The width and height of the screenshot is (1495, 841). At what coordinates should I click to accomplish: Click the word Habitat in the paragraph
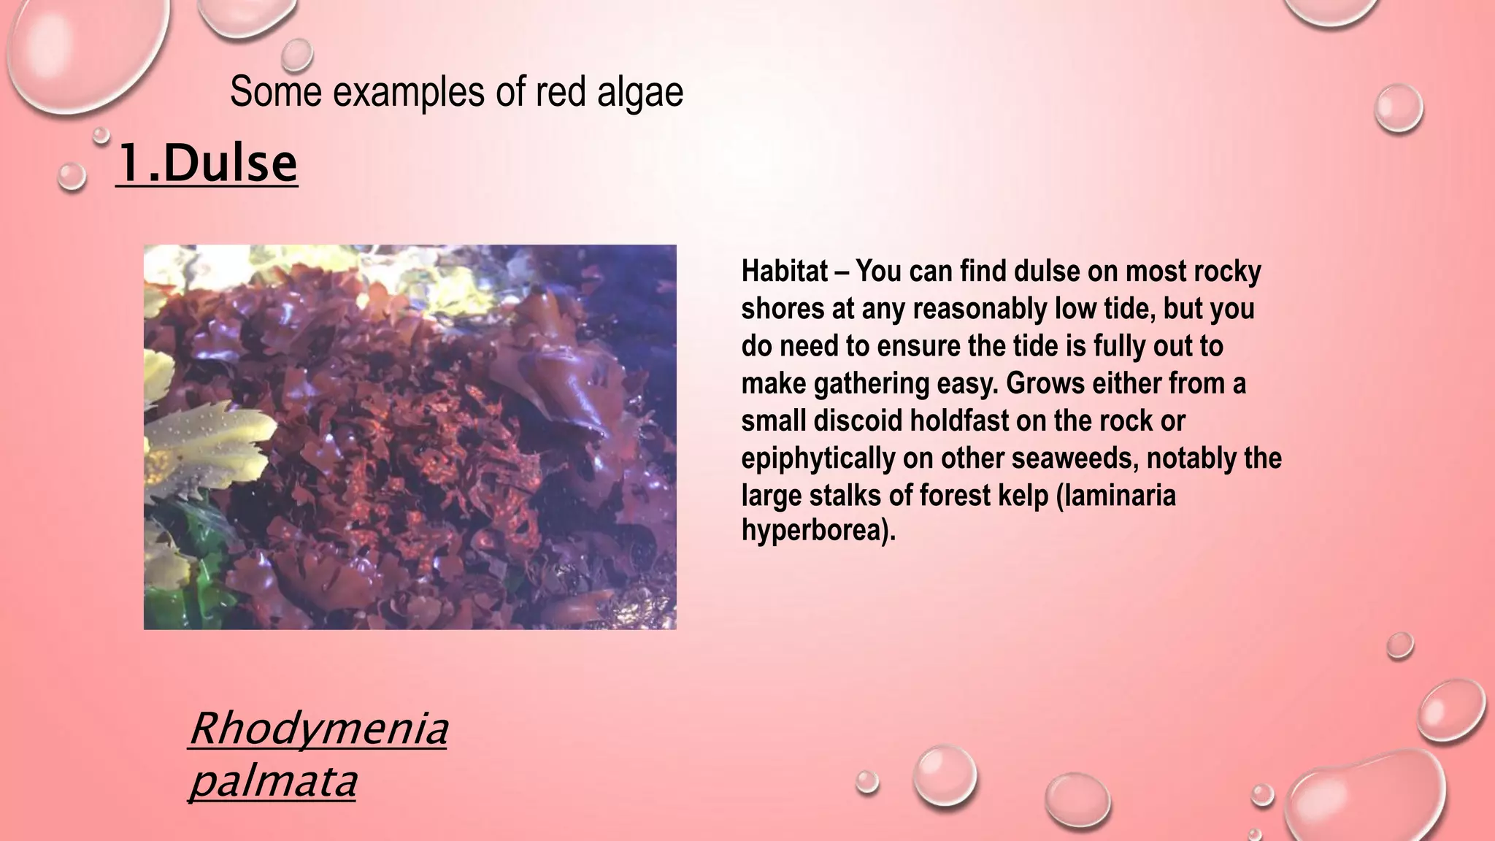coord(784,271)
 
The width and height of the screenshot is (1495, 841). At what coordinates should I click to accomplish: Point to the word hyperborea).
coord(818,529)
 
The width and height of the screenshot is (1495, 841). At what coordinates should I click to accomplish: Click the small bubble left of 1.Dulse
coord(72,177)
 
